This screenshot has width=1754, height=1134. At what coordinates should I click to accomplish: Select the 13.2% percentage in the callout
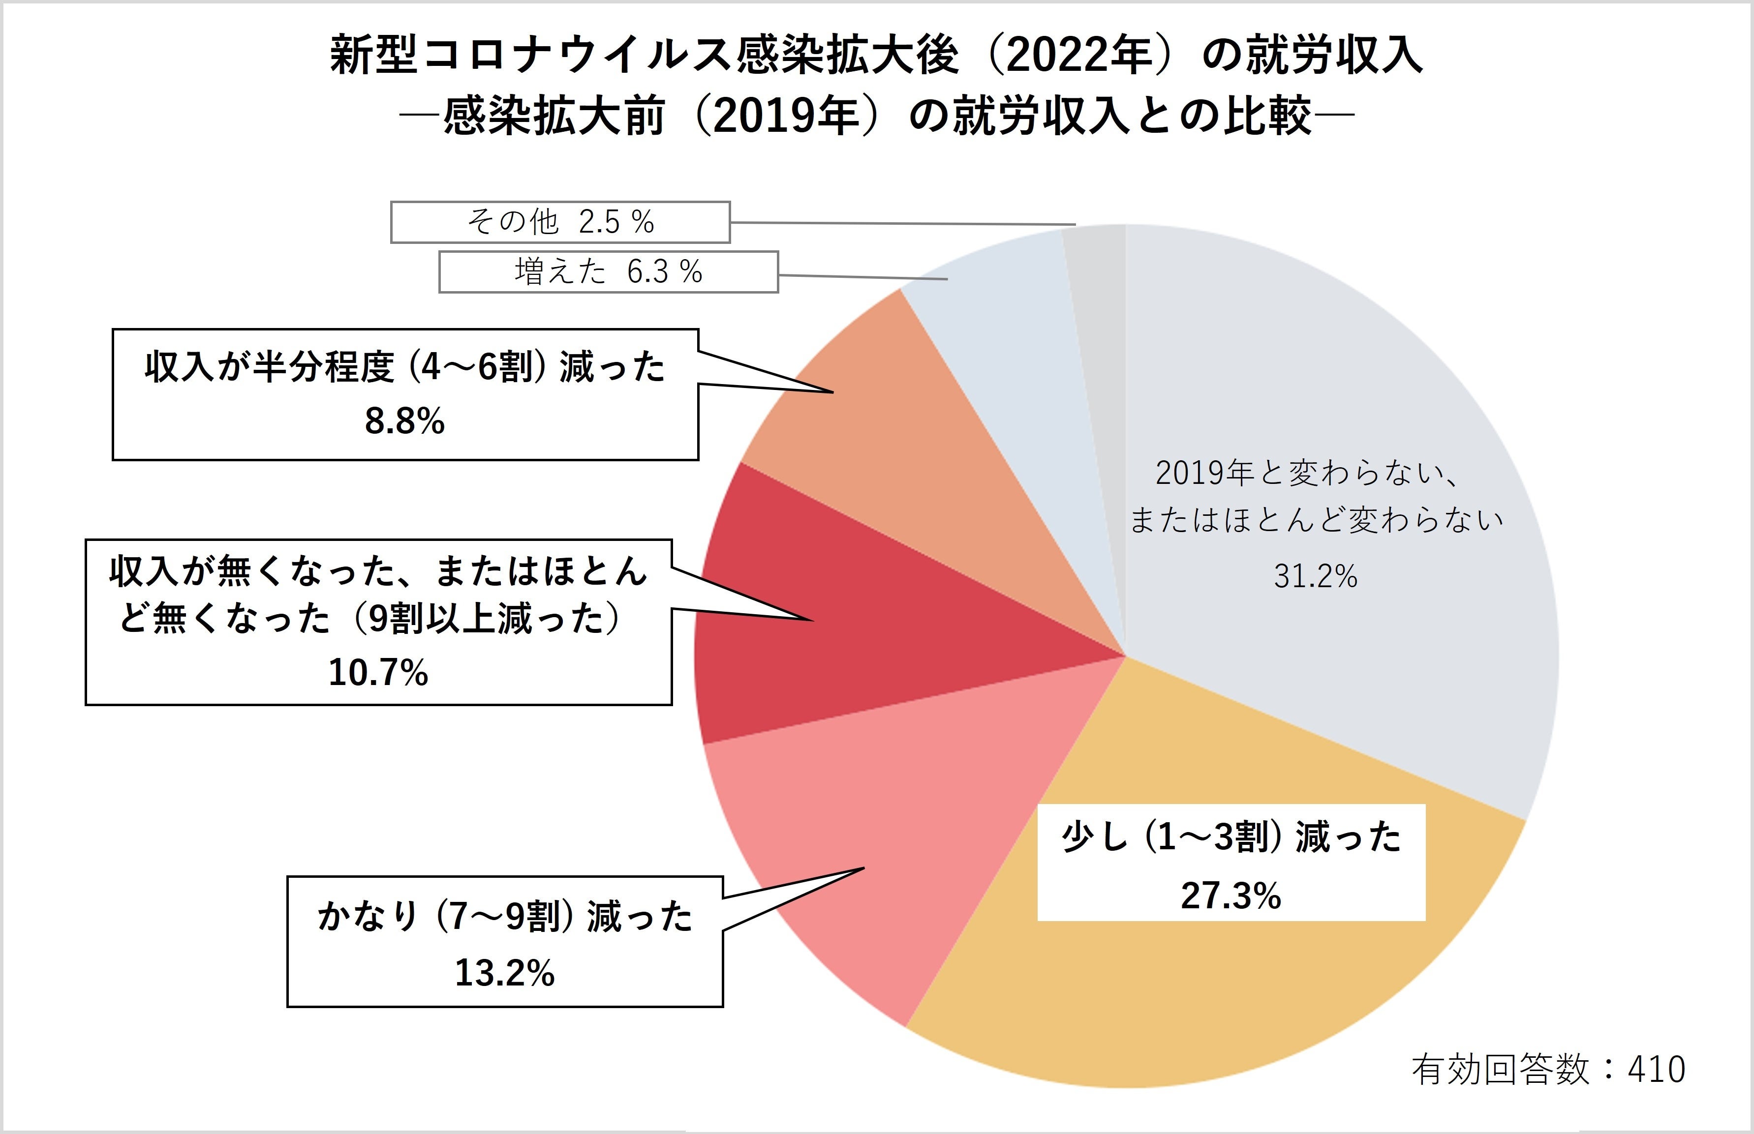(x=505, y=973)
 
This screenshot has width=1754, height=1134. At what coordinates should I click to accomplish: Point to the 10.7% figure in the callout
(x=378, y=672)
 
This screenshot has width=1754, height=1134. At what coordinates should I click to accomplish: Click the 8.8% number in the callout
(x=404, y=422)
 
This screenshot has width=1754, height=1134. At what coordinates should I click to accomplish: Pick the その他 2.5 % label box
(x=560, y=222)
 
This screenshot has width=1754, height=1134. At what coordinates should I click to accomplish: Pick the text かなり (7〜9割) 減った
(x=505, y=917)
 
